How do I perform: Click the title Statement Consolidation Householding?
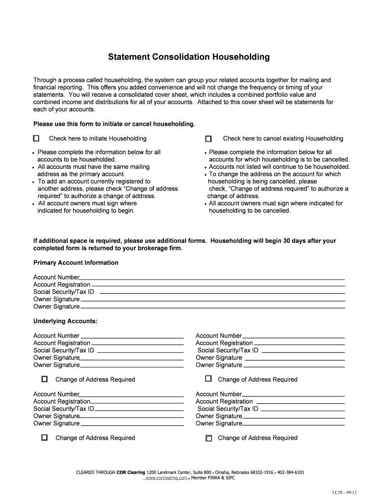click(189, 57)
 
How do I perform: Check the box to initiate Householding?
click(37, 139)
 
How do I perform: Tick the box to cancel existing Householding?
click(208, 139)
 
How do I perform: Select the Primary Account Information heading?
click(76, 263)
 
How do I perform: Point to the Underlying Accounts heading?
click(65, 321)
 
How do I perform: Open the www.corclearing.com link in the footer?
click(166, 477)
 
